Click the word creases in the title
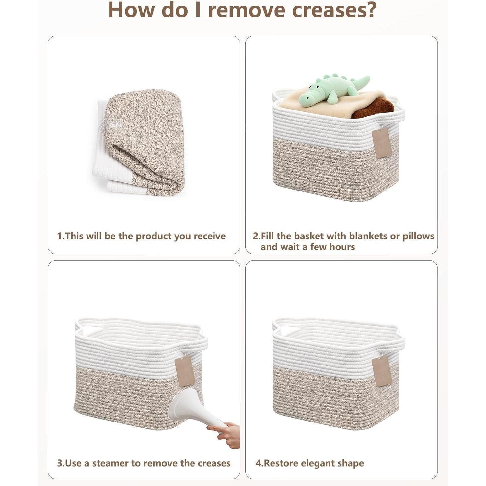point(334,10)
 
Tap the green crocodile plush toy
point(334,90)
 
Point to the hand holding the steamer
point(226,434)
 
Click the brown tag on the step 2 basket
point(382,143)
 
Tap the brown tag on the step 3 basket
point(185,371)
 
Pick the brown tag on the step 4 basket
point(382,372)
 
